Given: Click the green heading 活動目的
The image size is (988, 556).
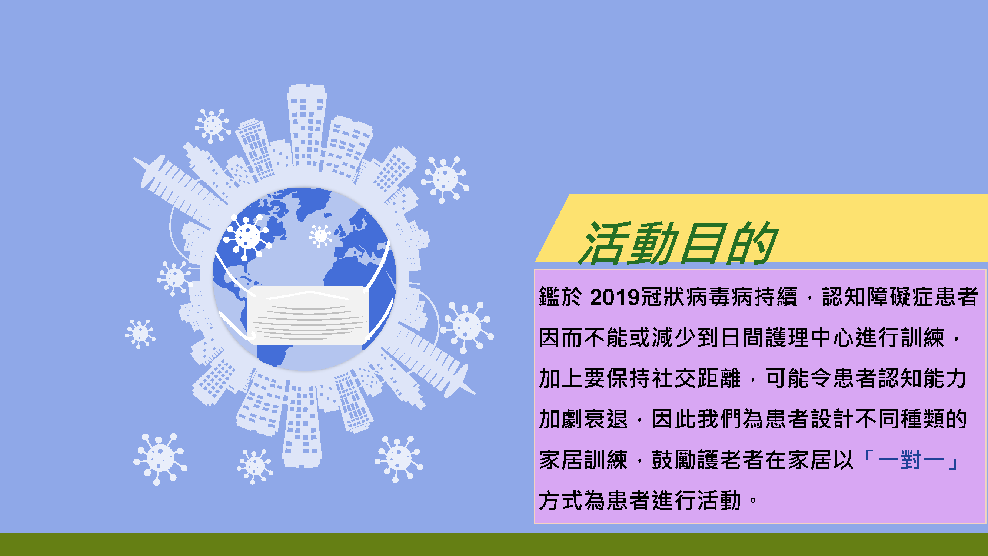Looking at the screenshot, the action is click(x=678, y=243).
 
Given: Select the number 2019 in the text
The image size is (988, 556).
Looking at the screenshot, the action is click(x=615, y=297).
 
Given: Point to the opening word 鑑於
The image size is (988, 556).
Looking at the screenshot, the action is click(x=560, y=297).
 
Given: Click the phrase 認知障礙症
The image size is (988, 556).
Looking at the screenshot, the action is click(x=878, y=297).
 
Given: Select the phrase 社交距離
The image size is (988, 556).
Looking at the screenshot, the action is click(x=696, y=378).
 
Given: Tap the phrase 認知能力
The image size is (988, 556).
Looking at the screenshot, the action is click(x=922, y=378).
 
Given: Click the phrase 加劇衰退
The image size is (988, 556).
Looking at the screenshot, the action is click(x=583, y=419).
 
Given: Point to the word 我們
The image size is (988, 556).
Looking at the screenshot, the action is click(x=719, y=419).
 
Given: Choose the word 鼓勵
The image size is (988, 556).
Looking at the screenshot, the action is click(x=674, y=460).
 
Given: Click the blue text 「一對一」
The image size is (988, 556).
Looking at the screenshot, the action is click(x=911, y=460).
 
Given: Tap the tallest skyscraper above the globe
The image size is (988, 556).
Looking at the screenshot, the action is click(x=307, y=127).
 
